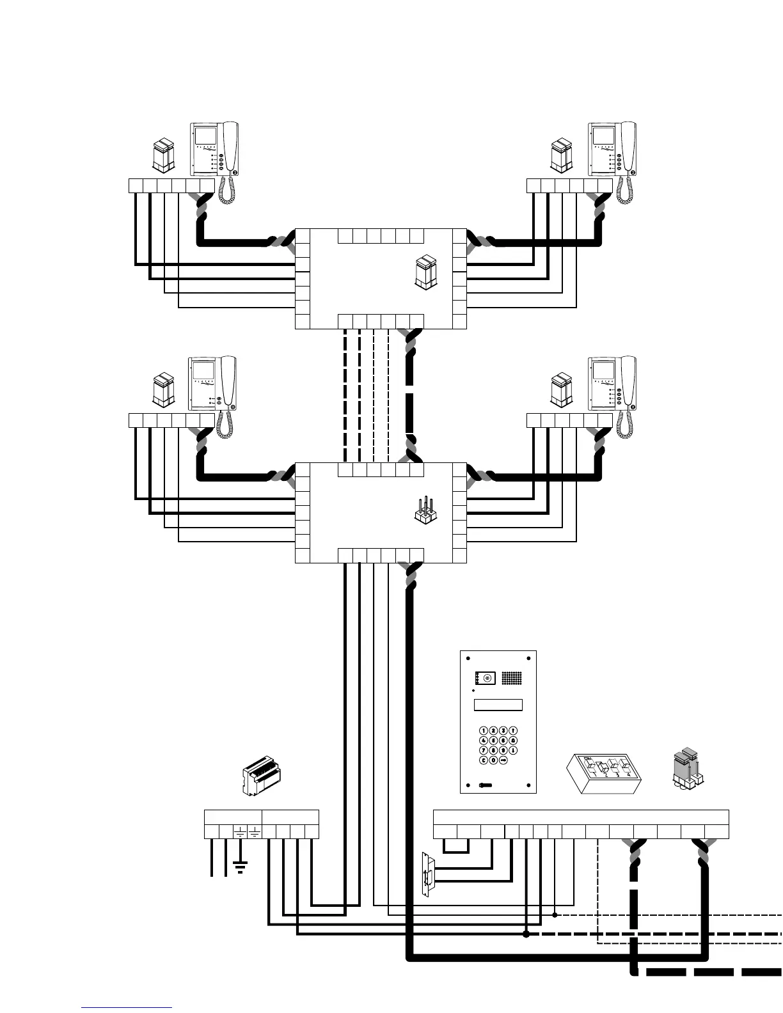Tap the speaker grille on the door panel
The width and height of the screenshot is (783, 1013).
(509, 679)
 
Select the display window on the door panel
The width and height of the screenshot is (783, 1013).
(498, 705)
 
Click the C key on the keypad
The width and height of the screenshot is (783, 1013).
(484, 760)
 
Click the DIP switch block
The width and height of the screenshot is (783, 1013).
(605, 773)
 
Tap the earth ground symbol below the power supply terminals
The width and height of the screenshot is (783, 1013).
(241, 868)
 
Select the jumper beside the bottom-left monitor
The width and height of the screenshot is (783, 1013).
(163, 389)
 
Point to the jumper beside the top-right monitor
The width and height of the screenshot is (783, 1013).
(561, 154)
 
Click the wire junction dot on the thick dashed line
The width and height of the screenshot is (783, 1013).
(526, 934)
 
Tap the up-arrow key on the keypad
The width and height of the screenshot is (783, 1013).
(513, 730)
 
